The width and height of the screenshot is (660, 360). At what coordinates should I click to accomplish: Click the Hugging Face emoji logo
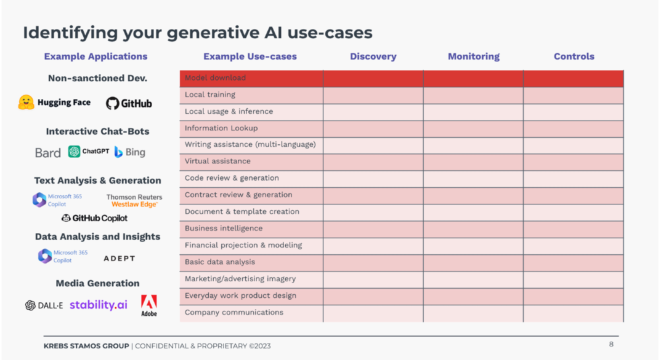coord(26,102)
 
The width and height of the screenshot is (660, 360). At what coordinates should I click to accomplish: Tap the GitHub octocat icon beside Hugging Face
coord(113,103)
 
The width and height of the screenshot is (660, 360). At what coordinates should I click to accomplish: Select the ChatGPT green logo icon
coord(74,151)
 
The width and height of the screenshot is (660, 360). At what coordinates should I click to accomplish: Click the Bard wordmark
coord(48,153)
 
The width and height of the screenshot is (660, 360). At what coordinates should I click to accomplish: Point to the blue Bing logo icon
coord(118,152)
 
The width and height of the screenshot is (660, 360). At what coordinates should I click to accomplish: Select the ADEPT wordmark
coord(120,259)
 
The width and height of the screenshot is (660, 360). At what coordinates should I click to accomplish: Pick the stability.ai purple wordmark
coord(99,304)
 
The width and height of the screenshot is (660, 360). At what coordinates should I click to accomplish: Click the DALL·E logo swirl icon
coord(30,306)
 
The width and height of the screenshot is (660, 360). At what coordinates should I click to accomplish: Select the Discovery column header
coord(373,56)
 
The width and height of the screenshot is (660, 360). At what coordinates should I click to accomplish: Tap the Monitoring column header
coord(474,56)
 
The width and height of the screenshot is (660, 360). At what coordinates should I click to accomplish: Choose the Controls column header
coord(574,56)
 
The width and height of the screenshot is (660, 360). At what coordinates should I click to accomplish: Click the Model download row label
coord(215,78)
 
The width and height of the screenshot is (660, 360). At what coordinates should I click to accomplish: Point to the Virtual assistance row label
coord(217,161)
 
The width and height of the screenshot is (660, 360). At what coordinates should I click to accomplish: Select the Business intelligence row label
coord(224,228)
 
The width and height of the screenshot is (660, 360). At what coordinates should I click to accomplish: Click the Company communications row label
coord(234,312)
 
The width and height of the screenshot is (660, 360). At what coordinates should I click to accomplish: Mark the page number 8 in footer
coord(611,344)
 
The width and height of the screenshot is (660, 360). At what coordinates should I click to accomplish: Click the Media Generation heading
coord(97,283)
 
